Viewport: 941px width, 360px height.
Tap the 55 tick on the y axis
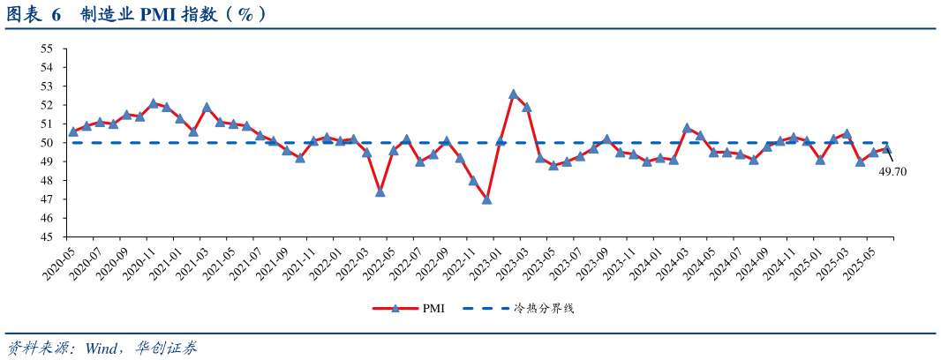48,49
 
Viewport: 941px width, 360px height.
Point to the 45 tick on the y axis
48,237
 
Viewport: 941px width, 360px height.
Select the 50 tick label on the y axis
48,143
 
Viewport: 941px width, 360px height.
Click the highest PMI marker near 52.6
513,94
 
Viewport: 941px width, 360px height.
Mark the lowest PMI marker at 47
486,199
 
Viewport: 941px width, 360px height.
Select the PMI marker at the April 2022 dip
380,191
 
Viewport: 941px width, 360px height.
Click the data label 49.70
892,172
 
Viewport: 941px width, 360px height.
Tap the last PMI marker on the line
887,148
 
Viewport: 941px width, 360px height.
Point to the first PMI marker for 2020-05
73,131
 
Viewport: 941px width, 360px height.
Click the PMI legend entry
409,309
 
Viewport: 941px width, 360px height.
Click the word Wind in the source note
104,348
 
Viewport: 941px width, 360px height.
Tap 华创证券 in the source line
167,348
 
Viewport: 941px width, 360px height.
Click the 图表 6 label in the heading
34,15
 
